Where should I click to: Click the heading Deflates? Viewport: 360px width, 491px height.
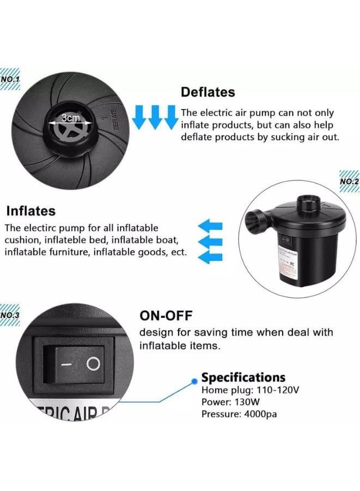click(x=208, y=92)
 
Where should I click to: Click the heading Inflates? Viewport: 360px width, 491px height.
click(x=30, y=210)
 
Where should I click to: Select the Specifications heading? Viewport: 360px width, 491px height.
click(x=243, y=377)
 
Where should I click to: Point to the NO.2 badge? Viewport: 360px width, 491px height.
click(x=349, y=182)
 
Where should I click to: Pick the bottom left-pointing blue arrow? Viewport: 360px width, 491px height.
click(x=210, y=256)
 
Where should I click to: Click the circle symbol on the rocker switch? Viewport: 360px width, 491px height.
click(x=94, y=364)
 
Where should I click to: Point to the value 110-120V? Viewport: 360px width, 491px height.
click(x=277, y=390)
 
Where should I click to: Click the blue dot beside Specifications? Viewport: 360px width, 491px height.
click(x=194, y=378)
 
